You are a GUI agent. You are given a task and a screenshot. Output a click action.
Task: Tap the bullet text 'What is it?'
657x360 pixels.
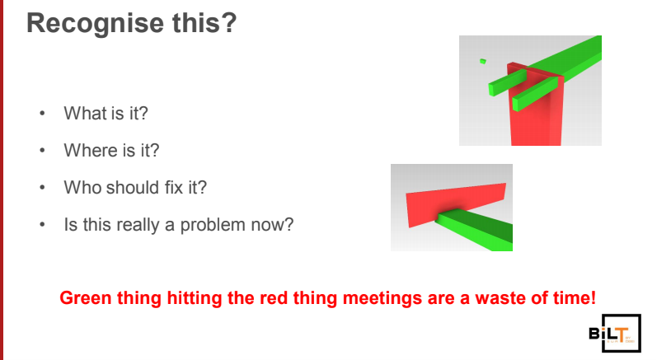click(x=106, y=114)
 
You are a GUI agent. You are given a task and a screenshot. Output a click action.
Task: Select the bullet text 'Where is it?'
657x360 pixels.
click(x=111, y=150)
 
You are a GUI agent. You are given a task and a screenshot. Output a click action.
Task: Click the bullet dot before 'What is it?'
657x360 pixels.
click(x=42, y=114)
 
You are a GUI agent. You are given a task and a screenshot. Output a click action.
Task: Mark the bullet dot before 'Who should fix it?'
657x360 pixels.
click(x=42, y=188)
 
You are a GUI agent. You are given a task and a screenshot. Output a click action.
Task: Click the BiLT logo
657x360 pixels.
click(x=615, y=333)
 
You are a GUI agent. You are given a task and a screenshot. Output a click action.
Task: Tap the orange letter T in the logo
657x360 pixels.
click(x=621, y=334)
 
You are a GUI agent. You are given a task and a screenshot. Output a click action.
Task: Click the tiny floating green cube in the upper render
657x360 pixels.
click(x=483, y=61)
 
